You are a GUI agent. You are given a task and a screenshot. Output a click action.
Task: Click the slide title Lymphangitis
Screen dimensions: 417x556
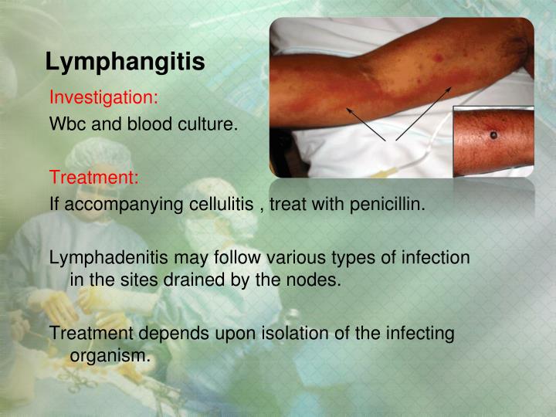coord(124,61)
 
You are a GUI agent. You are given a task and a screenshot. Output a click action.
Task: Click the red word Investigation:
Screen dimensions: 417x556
coord(103,98)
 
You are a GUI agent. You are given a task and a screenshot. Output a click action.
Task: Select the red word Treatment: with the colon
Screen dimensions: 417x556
coord(94,178)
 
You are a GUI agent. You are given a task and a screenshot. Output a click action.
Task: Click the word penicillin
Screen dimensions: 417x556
coord(387,204)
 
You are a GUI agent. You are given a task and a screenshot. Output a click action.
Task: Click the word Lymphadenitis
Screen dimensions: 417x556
coord(106,258)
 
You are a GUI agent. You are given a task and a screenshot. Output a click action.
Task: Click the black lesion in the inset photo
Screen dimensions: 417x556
coord(493,137)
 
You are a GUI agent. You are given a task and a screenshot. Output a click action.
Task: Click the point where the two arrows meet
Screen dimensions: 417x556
coord(391,141)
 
